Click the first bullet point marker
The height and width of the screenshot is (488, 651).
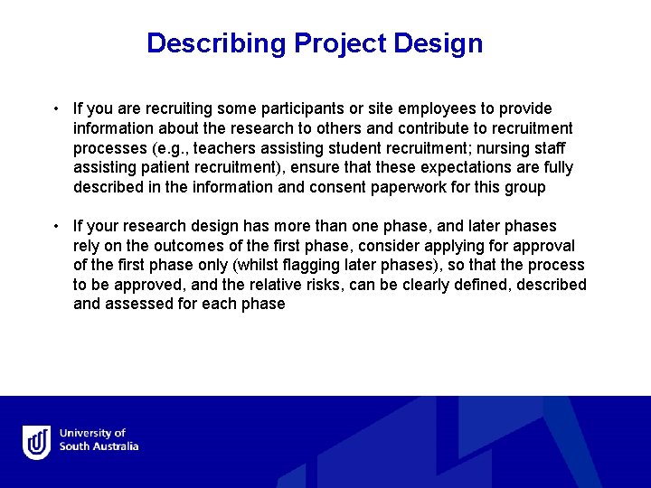tap(56, 108)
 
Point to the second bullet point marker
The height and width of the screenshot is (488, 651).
tap(56, 226)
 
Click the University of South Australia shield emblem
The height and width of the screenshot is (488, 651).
tap(36, 442)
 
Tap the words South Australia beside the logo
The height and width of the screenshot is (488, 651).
tap(99, 447)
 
